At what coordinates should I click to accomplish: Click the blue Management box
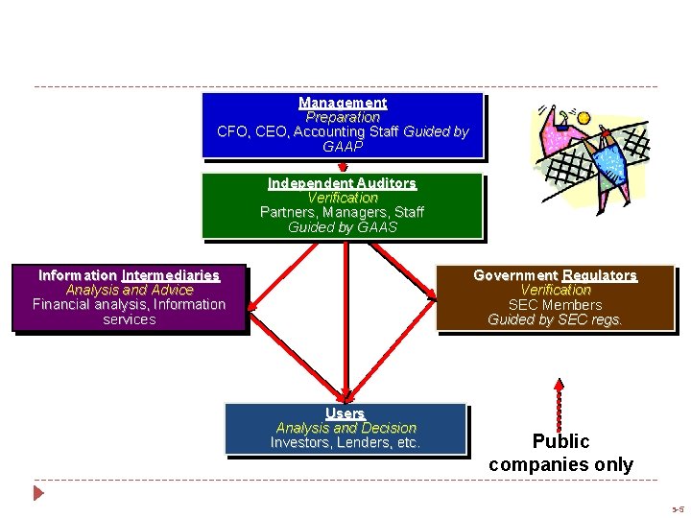click(343, 125)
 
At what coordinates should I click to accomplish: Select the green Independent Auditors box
click(343, 205)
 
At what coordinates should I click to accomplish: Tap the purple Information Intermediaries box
click(129, 298)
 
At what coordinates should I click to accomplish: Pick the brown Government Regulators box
click(555, 298)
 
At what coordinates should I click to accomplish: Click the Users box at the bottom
click(345, 428)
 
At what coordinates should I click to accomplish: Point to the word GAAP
click(343, 147)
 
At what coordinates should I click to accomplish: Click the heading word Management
click(343, 103)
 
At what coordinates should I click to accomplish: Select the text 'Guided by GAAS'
click(343, 227)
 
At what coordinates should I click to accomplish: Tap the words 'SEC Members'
click(555, 305)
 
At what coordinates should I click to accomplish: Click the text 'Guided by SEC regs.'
click(555, 320)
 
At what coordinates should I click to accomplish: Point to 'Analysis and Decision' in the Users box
click(345, 428)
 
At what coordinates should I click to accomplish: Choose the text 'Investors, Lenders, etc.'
click(345, 443)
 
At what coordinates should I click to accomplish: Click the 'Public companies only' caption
click(560, 453)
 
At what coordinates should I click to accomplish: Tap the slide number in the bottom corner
click(678, 509)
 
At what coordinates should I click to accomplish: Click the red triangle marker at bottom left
click(38, 494)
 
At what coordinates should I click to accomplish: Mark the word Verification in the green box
click(343, 198)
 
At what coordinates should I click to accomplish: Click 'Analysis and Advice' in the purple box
click(129, 290)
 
